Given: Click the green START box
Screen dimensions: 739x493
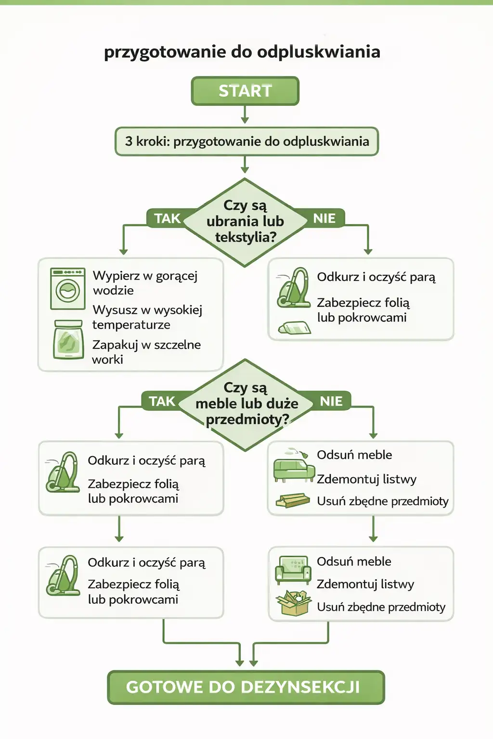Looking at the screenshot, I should coord(245,91).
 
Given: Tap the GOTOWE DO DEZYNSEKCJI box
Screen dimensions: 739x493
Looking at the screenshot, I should coord(246,687).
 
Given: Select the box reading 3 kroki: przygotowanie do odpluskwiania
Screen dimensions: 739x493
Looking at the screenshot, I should coord(246,141).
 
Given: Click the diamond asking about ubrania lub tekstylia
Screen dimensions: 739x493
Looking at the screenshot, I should coord(245,222).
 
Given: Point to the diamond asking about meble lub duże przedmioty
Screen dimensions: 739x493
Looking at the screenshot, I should coord(246,404).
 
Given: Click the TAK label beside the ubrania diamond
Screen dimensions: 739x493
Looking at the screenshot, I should coord(167,218).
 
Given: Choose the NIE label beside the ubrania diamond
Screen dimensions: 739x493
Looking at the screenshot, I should coord(324,218).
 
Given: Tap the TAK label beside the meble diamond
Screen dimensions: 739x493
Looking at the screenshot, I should coord(162,401).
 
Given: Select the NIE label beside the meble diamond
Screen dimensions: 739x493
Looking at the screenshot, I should coord(331,401).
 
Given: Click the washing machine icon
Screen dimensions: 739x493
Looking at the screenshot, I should coord(68,289).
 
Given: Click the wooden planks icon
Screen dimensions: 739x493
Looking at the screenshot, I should coord(293,501).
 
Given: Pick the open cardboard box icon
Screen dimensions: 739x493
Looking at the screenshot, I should coord(293,603).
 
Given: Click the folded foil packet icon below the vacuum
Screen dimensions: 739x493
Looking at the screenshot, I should coord(294,328).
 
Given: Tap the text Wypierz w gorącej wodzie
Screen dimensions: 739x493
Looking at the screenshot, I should coord(145,283).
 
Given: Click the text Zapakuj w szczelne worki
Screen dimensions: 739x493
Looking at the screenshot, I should coord(146,352).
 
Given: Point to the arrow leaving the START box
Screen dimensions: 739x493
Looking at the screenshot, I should coord(245,114).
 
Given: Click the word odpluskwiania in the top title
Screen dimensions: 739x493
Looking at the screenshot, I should coord(318,51).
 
